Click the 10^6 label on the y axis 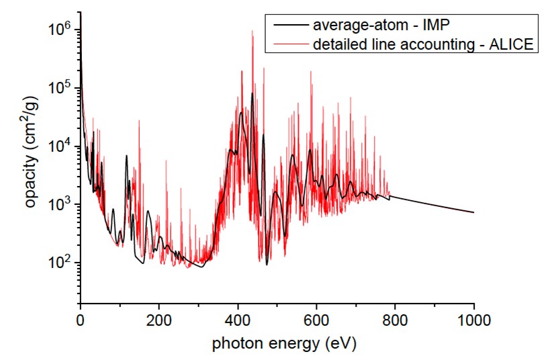click(x=61, y=30)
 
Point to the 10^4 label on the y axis click(x=61, y=146)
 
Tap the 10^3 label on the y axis click(x=61, y=204)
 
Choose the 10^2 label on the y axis click(x=61, y=262)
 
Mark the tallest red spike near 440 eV click(x=252, y=32)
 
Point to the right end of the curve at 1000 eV click(x=474, y=212)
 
